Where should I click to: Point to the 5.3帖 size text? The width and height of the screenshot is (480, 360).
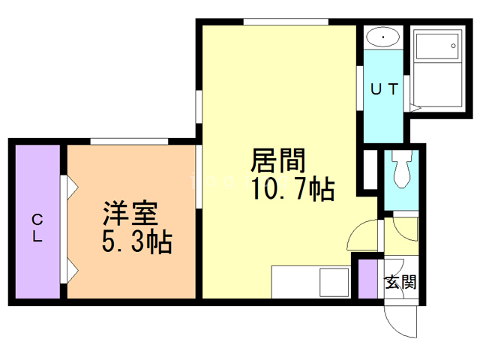point(136,242)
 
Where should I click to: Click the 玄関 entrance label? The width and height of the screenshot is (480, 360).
point(400,283)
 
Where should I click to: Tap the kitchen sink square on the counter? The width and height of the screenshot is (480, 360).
point(331,283)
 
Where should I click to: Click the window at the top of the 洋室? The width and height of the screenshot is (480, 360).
point(129,141)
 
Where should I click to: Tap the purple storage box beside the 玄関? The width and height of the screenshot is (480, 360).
point(368,278)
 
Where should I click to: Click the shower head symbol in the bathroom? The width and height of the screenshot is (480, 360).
point(454,46)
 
